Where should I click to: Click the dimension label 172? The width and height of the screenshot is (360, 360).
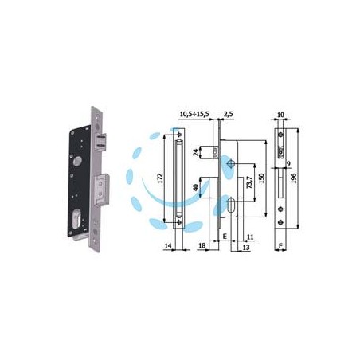coord(160,178)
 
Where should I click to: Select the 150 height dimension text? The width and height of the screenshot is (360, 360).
coord(261,178)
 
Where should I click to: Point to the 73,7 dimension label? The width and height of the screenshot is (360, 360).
coord(249,182)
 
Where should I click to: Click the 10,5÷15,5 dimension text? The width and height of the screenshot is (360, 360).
coord(194,114)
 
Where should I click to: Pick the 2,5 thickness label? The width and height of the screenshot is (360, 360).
coord(229,114)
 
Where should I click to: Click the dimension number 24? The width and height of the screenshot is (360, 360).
coord(196,152)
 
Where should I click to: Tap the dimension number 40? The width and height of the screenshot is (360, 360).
coord(196,187)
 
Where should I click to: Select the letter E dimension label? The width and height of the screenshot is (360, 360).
coord(225,237)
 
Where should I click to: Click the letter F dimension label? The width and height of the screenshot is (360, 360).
coord(280,246)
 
